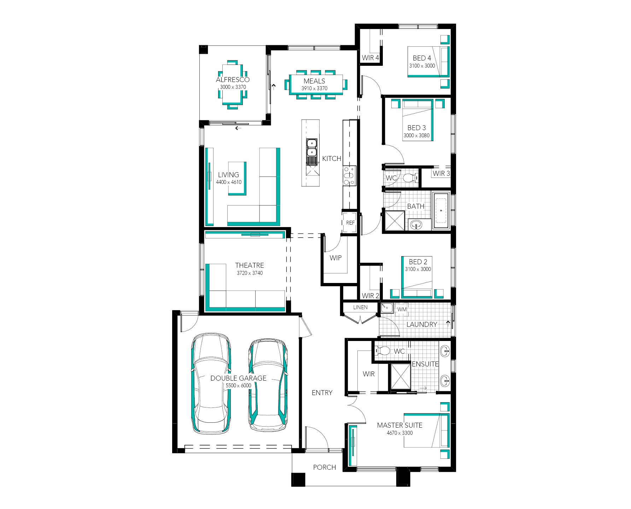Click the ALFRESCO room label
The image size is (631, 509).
[233, 80]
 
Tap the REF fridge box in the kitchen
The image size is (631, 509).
[350, 222]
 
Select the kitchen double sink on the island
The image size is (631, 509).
[311, 148]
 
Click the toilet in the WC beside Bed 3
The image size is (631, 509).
[409, 178]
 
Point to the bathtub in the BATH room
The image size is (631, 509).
[440, 210]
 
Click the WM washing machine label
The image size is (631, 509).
[402, 309]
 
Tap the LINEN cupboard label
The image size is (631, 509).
[360, 307]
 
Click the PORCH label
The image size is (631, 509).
[325, 467]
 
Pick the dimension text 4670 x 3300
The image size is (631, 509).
[399, 433]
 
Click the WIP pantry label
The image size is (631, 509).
[335, 258]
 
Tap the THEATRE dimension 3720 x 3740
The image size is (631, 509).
[250, 273]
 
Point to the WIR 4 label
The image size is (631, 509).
[370, 58]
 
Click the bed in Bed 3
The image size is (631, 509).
[418, 120]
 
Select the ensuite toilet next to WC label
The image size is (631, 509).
[382, 351]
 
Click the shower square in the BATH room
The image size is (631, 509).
[395, 221]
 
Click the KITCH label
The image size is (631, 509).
[332, 158]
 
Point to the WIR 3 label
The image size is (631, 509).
[441, 173]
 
